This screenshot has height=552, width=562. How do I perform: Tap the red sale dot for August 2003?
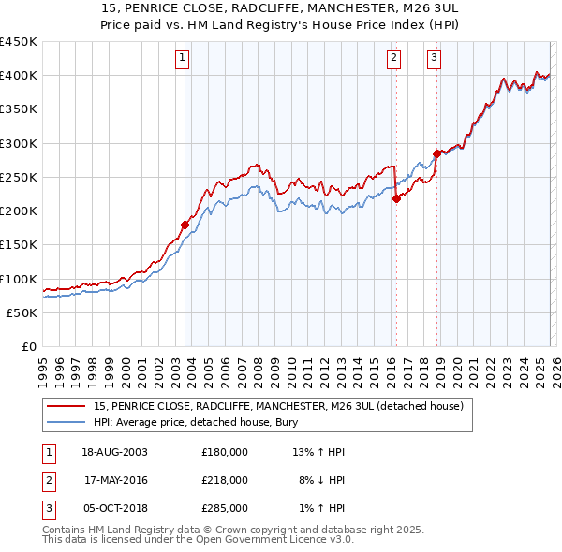(x=185, y=225)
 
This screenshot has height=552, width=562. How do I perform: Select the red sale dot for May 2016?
(x=396, y=198)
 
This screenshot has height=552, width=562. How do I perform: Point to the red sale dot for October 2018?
(x=436, y=153)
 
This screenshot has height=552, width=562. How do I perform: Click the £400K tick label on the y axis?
(x=18, y=76)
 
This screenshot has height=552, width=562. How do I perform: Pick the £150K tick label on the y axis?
(x=18, y=245)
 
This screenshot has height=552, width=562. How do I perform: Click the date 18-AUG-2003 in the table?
(x=115, y=452)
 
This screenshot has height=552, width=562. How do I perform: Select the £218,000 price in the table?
(x=225, y=480)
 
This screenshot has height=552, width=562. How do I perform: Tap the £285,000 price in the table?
(x=225, y=508)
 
